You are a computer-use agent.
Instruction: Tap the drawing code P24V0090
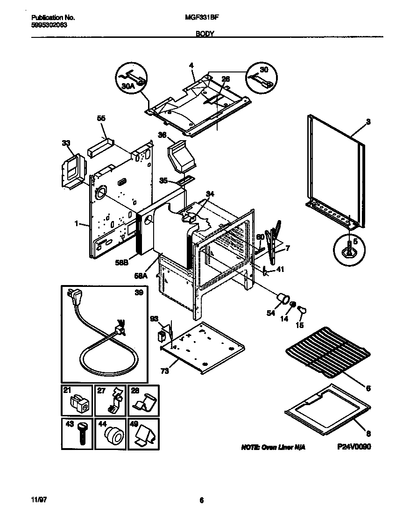tap(354, 447)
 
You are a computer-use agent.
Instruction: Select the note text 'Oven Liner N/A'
tap(273, 447)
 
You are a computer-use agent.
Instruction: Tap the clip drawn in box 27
tap(114, 402)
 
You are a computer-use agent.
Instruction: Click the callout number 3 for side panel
tap(368, 122)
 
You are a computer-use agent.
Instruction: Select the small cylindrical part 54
tap(283, 299)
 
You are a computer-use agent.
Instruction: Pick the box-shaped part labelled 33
tap(71, 172)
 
